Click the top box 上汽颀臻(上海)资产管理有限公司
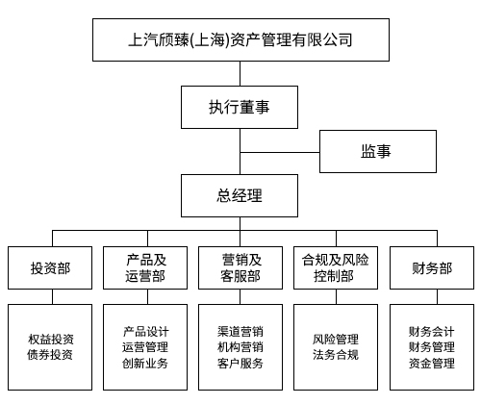[240, 40]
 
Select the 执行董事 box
[240, 107]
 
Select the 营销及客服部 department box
[240, 268]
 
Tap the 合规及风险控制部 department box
[335, 268]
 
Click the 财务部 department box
[431, 268]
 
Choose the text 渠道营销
[240, 331]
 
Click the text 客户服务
[240, 364]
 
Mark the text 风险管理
[335, 339]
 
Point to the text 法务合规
[335, 355]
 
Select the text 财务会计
[431, 331]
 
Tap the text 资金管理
[431, 364]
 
